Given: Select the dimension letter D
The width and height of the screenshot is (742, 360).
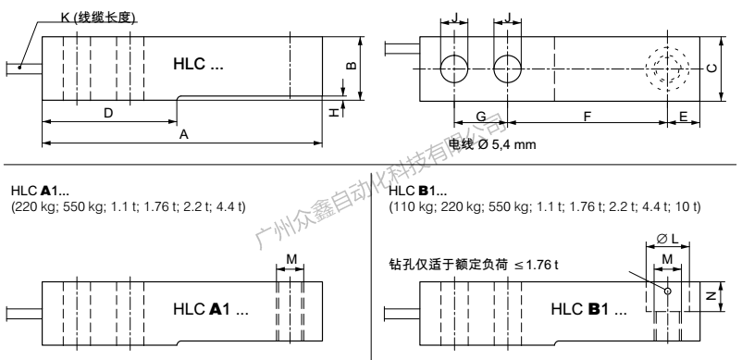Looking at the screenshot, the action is pos(108,112).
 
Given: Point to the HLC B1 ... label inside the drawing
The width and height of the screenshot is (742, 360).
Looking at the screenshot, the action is pos(589,308).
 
